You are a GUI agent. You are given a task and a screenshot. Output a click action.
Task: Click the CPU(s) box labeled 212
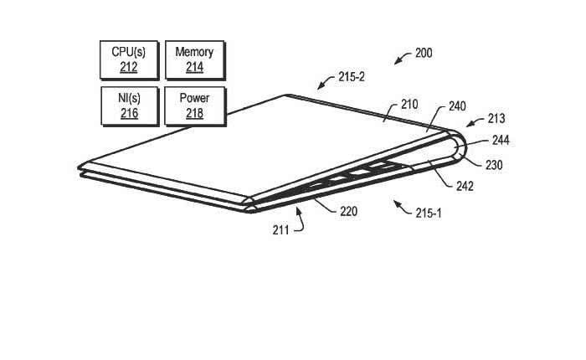tap(129, 60)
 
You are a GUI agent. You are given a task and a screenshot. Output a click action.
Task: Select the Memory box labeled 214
tap(195, 60)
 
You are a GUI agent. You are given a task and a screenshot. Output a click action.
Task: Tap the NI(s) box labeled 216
tap(130, 106)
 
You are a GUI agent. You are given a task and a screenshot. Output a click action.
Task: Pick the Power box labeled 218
tap(195, 106)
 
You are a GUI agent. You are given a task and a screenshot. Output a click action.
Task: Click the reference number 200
tap(424, 53)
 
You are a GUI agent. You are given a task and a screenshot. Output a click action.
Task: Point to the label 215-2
tap(352, 77)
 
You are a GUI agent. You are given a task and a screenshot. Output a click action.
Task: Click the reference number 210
tap(409, 105)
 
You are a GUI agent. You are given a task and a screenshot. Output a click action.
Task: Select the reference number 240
tap(457, 106)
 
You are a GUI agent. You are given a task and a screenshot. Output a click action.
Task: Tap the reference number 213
tap(496, 119)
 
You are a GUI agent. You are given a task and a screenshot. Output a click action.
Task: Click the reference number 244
tap(501, 141)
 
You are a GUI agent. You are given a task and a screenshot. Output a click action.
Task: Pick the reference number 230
tap(494, 165)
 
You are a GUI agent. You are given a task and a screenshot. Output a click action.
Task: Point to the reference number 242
tap(465, 186)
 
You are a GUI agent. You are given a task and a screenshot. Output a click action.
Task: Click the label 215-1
tap(429, 213)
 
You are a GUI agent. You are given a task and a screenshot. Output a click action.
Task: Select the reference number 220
tap(349, 212)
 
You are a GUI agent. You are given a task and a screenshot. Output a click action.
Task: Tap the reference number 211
tap(280, 230)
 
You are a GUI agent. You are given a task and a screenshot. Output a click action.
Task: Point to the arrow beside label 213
tap(475, 122)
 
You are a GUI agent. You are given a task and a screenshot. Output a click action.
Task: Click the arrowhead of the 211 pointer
tap(298, 211)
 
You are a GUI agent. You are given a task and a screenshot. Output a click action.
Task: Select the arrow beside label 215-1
tap(403, 208)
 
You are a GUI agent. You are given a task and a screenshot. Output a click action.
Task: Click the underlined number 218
tap(195, 113)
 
